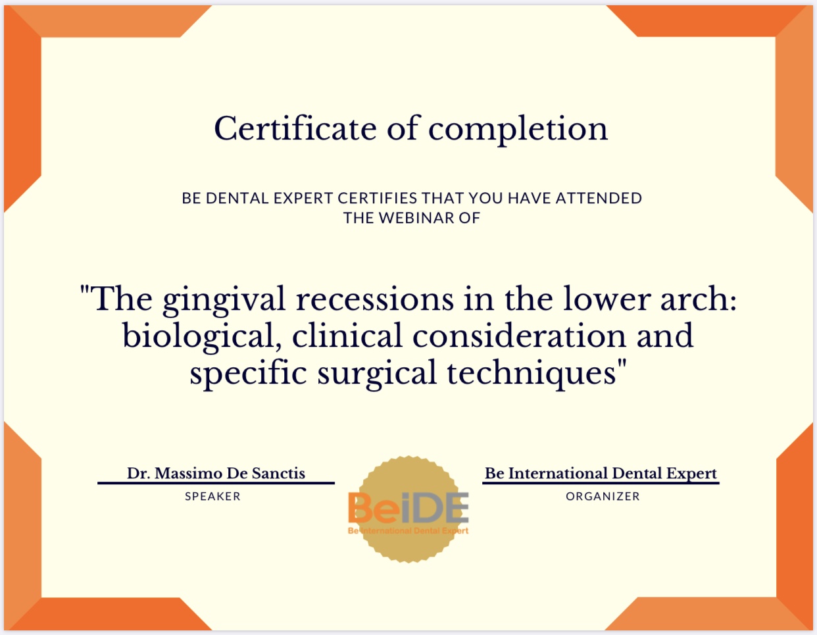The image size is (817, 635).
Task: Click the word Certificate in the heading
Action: [295, 128]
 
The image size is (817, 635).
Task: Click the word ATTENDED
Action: [599, 198]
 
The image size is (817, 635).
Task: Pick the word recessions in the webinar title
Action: [375, 300]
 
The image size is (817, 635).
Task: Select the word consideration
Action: [519, 336]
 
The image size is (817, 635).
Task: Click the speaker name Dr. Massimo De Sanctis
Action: [216, 473]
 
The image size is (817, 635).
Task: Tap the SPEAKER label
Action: [212, 496]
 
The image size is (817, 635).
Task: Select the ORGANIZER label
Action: [603, 496]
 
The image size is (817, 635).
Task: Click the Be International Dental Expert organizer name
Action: [601, 474]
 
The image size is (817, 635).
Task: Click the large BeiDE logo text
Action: [408, 507]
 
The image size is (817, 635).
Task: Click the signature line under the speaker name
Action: [216, 483]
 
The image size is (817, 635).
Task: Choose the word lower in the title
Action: [607, 300]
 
